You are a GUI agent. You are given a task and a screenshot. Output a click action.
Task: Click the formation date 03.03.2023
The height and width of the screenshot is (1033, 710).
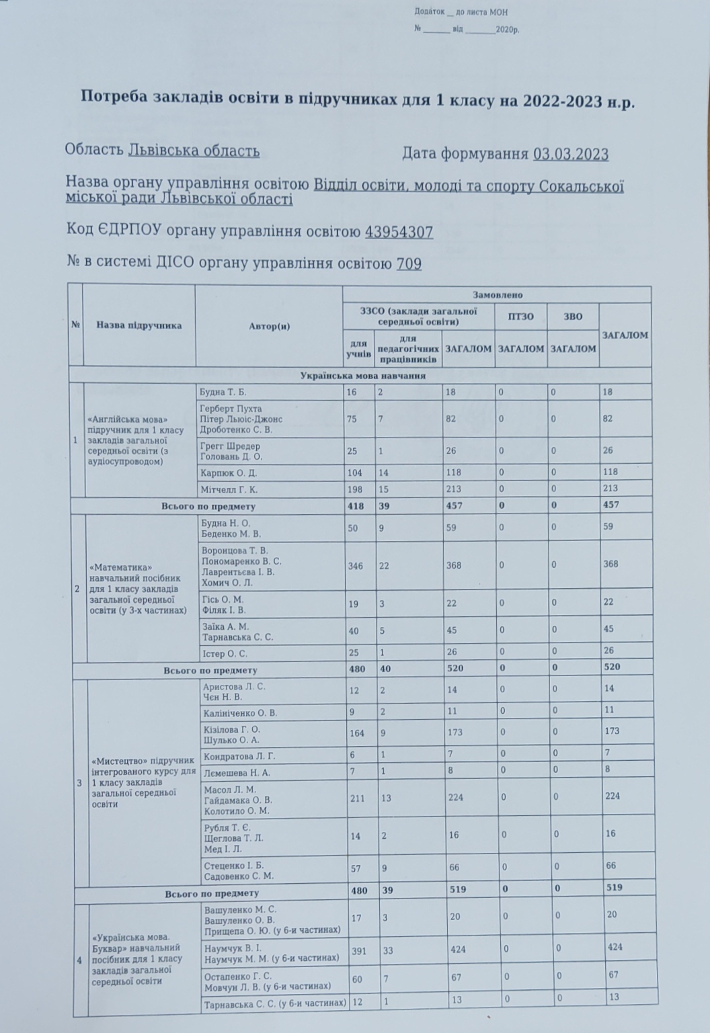pos(571,155)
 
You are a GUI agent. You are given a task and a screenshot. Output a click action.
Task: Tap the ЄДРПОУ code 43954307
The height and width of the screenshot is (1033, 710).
pos(399,232)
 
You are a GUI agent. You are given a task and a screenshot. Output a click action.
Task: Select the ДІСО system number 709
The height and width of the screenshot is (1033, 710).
pos(409,263)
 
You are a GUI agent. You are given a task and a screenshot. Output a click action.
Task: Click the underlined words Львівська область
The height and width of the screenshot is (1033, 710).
pos(194,151)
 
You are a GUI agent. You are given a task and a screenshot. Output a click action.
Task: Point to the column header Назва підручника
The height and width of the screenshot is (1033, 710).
pos(139,326)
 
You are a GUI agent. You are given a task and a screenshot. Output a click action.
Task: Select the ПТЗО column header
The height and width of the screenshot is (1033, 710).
pos(520,317)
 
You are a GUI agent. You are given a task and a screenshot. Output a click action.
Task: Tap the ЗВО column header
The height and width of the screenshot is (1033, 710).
pos(572,317)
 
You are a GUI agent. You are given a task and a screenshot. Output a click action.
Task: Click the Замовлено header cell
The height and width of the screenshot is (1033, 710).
pos(497,294)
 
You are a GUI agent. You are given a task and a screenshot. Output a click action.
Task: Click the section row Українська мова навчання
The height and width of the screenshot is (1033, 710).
pos(362,376)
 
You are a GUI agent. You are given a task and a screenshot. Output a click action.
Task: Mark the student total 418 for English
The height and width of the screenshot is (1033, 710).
pos(356,505)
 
